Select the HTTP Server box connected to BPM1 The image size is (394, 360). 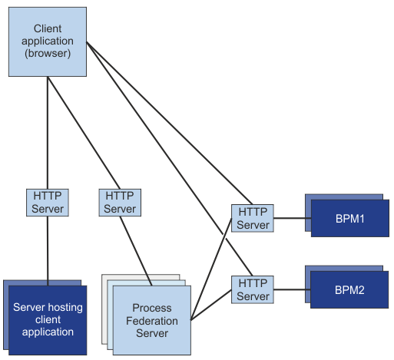click(253, 218)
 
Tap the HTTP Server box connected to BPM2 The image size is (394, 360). click(253, 290)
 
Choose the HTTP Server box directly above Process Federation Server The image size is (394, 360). click(120, 203)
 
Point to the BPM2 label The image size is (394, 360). click(349, 291)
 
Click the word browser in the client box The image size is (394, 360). click(48, 54)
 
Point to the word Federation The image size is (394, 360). click(152, 321)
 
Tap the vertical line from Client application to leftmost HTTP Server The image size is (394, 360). click(48, 130)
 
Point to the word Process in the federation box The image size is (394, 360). click(152, 309)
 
